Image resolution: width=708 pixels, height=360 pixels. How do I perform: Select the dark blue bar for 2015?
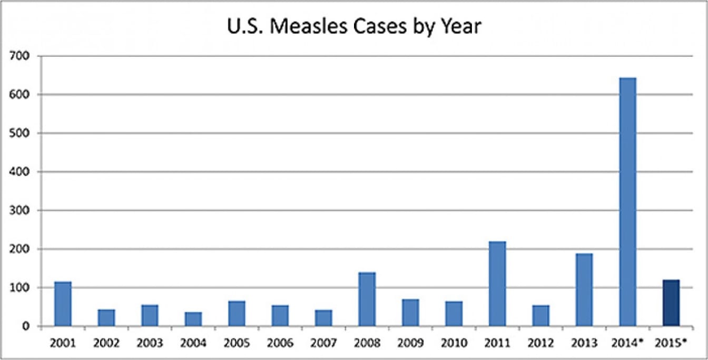(671, 303)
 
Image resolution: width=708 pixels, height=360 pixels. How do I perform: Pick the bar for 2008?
(367, 299)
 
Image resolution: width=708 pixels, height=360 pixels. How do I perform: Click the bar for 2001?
(63, 304)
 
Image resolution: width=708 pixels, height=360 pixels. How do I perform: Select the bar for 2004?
(193, 319)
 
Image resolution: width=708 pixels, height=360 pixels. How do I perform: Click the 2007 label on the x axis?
(323, 343)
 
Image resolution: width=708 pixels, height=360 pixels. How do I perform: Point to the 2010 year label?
(454, 343)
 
